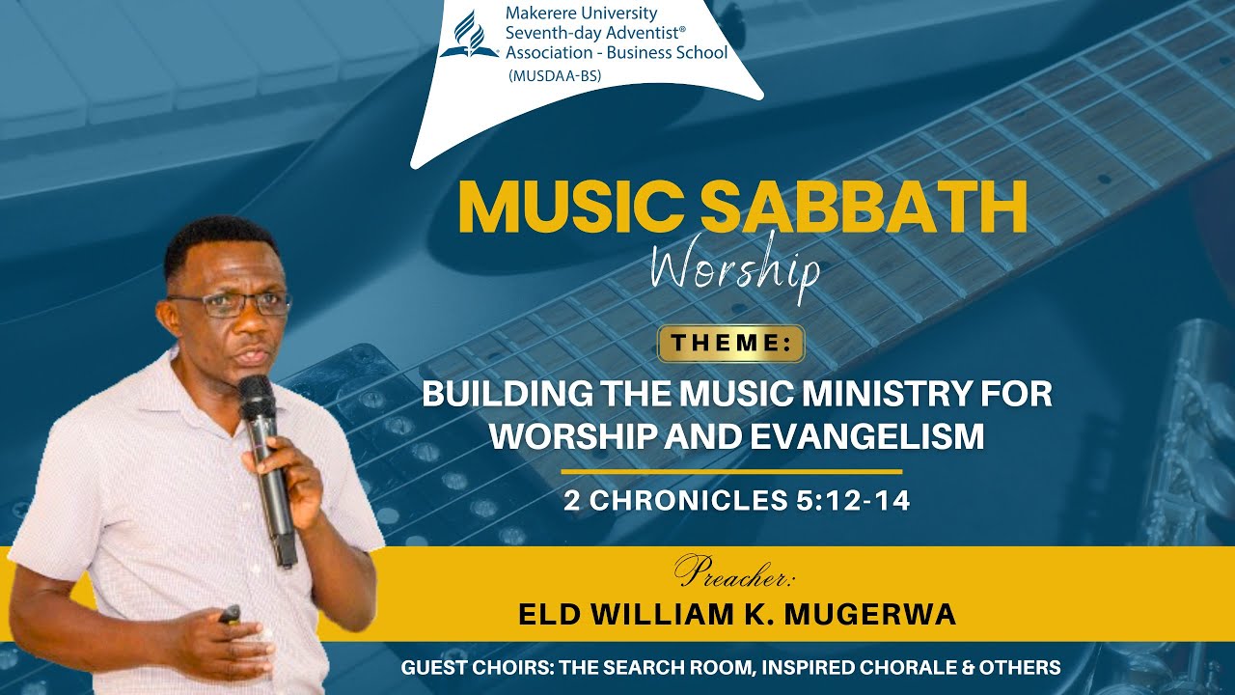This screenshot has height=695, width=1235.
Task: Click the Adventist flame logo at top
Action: pyautogui.click(x=469, y=36)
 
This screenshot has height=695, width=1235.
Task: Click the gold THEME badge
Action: pyautogui.click(x=730, y=344)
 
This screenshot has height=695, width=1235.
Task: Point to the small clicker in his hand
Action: pyautogui.click(x=230, y=614)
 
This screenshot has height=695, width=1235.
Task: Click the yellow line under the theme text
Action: pyautogui.click(x=730, y=472)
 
